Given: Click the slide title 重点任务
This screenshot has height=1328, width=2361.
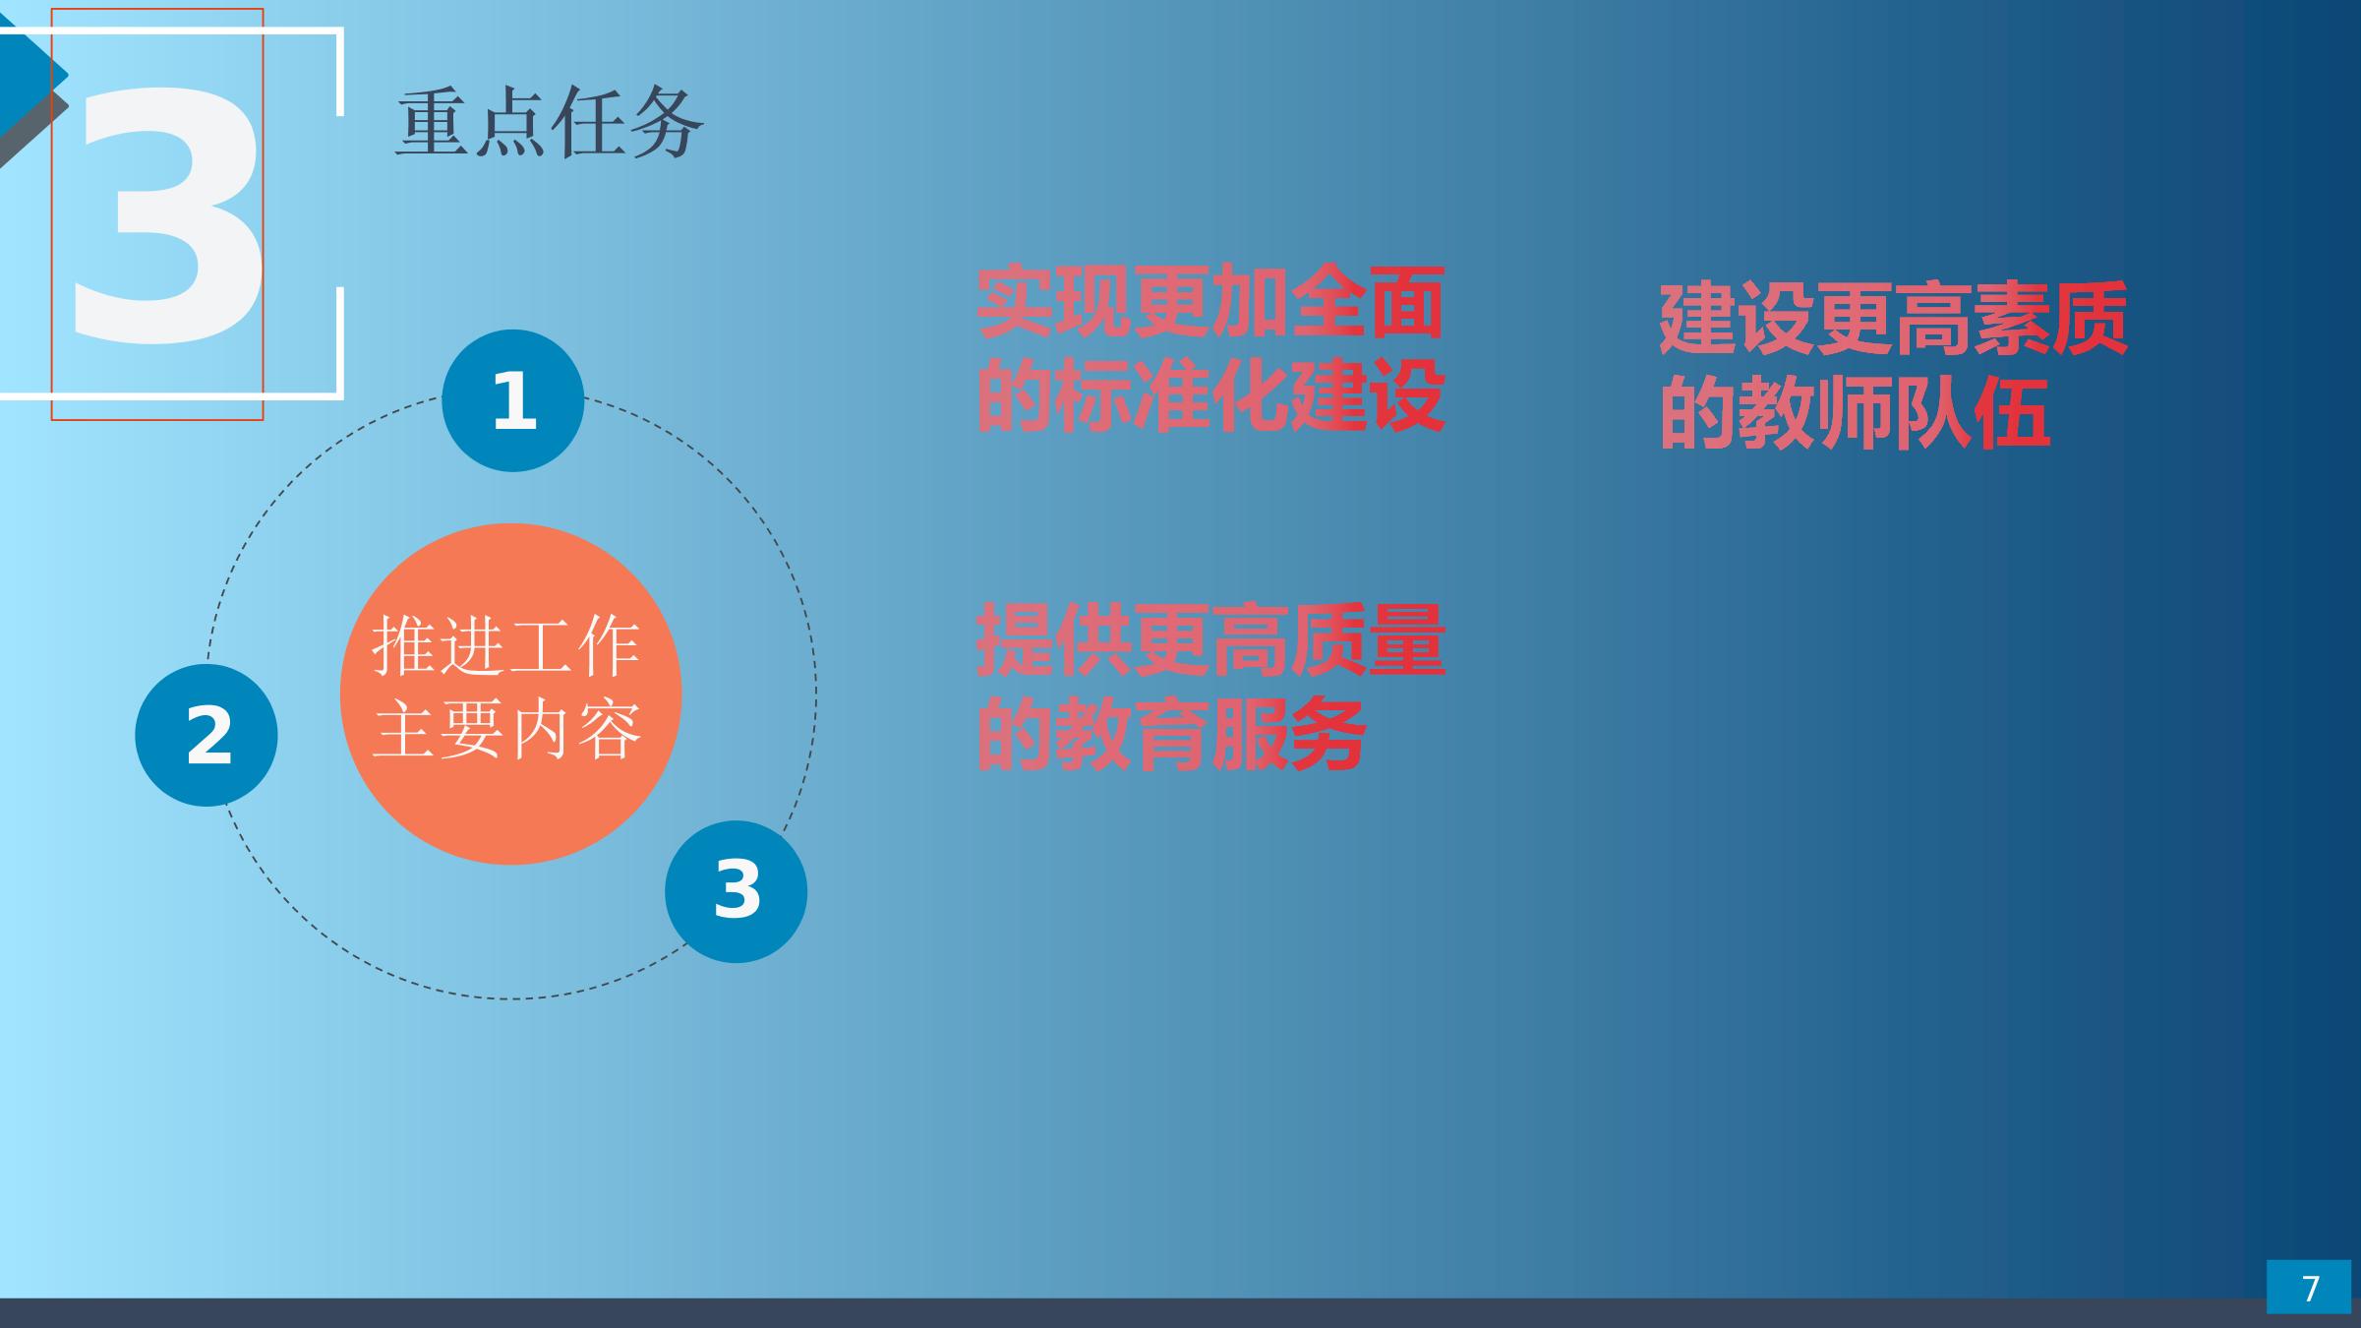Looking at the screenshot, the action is pyautogui.click(x=550, y=123).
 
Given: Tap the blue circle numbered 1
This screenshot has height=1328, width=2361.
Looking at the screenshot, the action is pyautogui.click(x=513, y=400).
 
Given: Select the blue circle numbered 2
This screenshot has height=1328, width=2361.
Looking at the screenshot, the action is pyautogui.click(x=207, y=735).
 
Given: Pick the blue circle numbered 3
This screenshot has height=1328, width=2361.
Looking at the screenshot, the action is pyautogui.click(x=737, y=891).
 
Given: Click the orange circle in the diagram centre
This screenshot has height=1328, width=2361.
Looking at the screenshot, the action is pyautogui.click(x=510, y=694).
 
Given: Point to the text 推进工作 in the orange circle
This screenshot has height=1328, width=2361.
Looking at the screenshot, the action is pyautogui.click(x=506, y=645).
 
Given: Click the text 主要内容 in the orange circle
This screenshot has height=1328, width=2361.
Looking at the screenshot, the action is pyautogui.click(x=507, y=729).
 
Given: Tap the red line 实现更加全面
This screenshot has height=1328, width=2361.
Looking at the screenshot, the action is pyautogui.click(x=1210, y=302).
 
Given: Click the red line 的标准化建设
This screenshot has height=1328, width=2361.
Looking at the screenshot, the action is pyautogui.click(x=1210, y=395).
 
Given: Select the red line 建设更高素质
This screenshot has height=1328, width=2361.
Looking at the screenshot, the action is pyautogui.click(x=1894, y=319).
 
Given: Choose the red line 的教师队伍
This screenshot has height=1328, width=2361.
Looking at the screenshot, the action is pyautogui.click(x=1855, y=413).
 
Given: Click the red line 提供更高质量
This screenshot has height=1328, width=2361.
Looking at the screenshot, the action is pyautogui.click(x=1210, y=640).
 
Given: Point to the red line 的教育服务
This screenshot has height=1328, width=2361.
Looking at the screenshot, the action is pyautogui.click(x=1171, y=735).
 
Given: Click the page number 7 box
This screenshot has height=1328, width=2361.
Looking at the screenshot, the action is pyautogui.click(x=2309, y=1287).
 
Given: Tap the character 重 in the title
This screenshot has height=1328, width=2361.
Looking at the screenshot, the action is pyautogui.click(x=433, y=123).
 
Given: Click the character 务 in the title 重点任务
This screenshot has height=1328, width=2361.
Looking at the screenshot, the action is pyautogui.click(x=668, y=123).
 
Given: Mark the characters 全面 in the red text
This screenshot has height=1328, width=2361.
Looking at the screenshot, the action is pyautogui.click(x=1368, y=302).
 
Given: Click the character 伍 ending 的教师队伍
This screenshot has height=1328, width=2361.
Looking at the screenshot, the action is pyautogui.click(x=2012, y=413).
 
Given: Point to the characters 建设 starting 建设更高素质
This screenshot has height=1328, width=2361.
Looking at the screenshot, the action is pyautogui.click(x=1738, y=319).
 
